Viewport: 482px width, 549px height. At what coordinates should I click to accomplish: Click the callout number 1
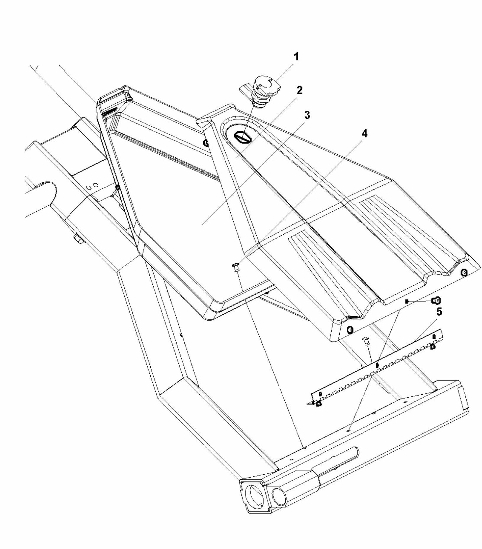pyautogui.click(x=296, y=57)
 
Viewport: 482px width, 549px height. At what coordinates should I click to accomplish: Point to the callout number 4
pyautogui.click(x=364, y=134)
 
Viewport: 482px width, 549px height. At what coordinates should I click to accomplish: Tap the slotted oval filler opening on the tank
pyautogui.click(x=242, y=137)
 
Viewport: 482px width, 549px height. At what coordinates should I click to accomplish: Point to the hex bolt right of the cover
pyautogui.click(x=437, y=301)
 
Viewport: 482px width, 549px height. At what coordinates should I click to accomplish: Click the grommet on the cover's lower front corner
pyautogui.click(x=350, y=329)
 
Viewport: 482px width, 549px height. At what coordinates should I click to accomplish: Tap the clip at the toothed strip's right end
pyautogui.click(x=432, y=347)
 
